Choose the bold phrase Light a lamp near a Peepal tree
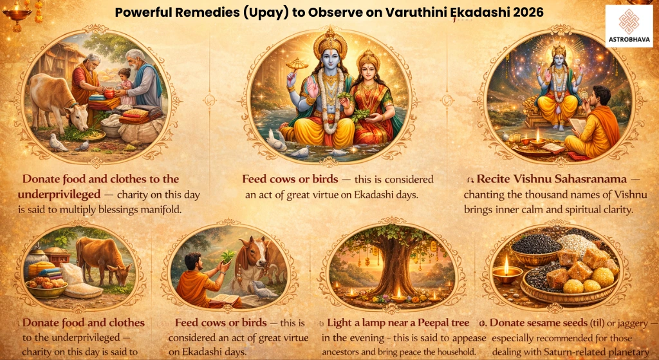[x=400, y=321]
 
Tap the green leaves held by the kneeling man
[x=226, y=256]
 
